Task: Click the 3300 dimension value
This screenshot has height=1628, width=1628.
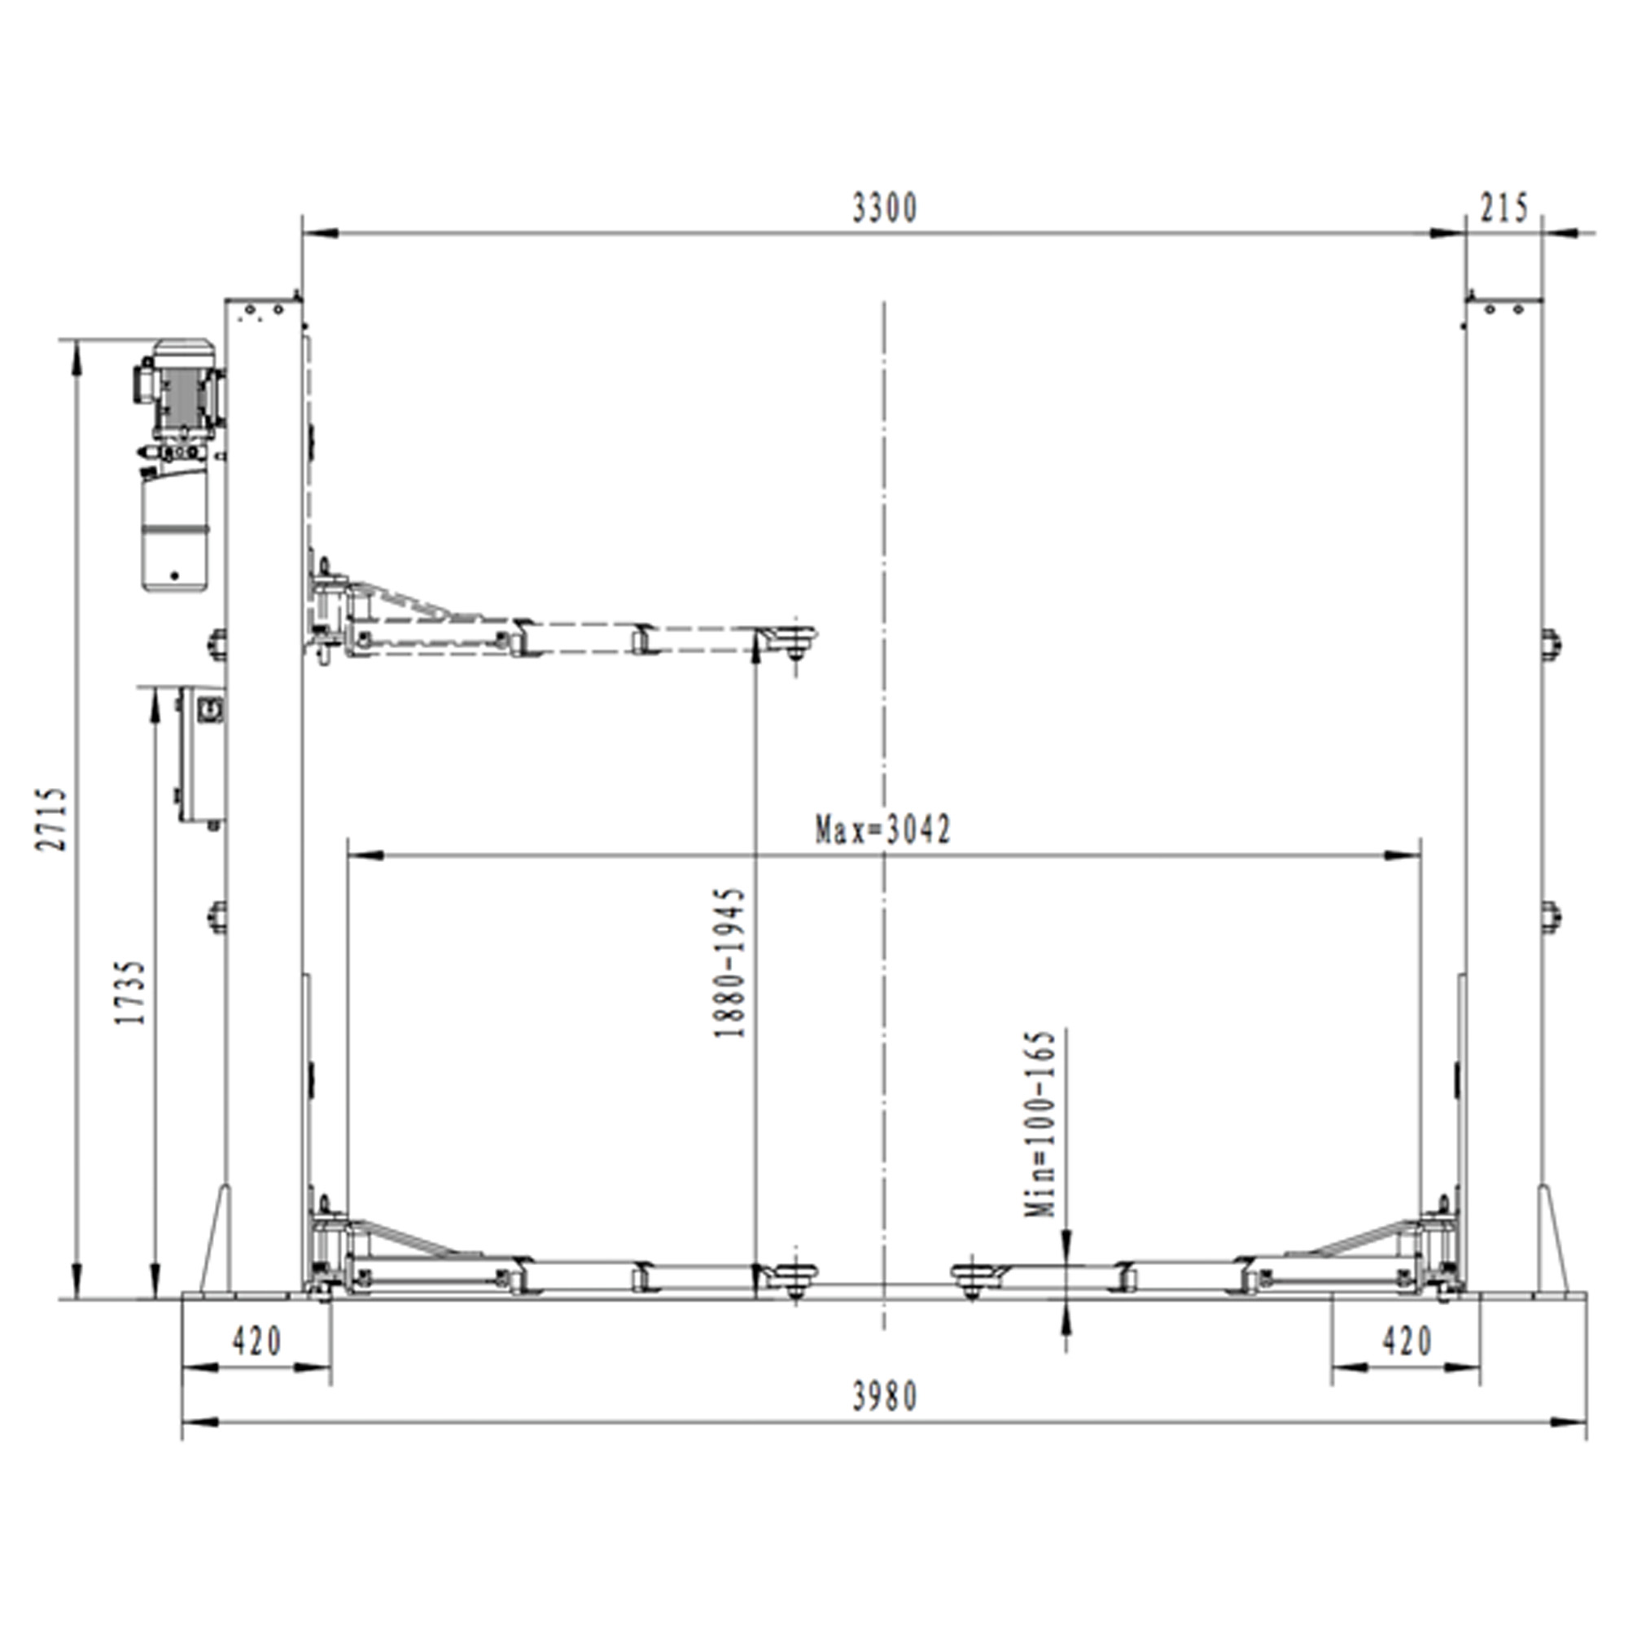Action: (x=884, y=208)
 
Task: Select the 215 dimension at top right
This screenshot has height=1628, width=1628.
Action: (x=1504, y=208)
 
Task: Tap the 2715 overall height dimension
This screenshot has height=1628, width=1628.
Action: (x=51, y=819)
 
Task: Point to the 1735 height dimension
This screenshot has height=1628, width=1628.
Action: (x=131, y=991)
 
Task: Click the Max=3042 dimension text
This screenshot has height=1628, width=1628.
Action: (x=883, y=830)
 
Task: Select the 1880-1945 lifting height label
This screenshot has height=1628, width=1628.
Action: (x=729, y=961)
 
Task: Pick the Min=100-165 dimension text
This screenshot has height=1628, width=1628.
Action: (x=1039, y=1123)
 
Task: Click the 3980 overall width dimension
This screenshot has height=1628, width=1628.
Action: (x=884, y=1397)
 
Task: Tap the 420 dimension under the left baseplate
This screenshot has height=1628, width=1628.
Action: (x=257, y=1341)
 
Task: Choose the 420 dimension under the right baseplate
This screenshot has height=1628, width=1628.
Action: (x=1407, y=1341)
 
